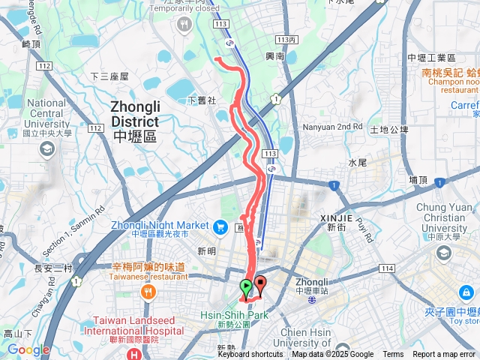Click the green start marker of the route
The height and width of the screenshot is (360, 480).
tap(245, 286)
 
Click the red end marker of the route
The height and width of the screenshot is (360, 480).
tap(260, 284)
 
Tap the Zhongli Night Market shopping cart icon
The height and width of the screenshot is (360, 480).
tap(220, 226)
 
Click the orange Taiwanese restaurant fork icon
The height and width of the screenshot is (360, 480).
tap(148, 291)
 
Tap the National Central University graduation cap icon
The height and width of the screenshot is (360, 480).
tap(46, 149)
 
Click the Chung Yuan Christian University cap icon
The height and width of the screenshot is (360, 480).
tap(443, 253)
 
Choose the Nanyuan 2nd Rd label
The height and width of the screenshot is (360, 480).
tap(333, 127)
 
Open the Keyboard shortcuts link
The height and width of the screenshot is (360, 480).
tap(250, 355)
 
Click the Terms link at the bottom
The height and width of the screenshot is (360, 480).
tap(393, 355)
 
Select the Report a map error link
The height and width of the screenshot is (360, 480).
tap(445, 355)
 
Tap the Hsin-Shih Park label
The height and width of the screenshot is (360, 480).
tap(234, 316)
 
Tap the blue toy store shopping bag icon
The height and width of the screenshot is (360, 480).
tap(466, 292)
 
